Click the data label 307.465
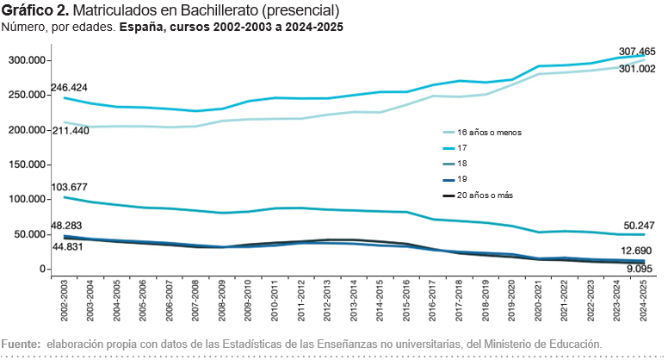[x=637, y=52]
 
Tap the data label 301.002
[x=637, y=69]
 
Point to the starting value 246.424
[x=69, y=88]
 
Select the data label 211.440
[x=71, y=131]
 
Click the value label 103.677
[x=69, y=187]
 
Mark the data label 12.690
[x=635, y=251]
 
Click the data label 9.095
[x=638, y=269]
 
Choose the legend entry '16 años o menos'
[x=482, y=133]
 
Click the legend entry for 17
[x=455, y=148]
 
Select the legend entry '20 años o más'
[x=478, y=196]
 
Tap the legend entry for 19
[x=455, y=179]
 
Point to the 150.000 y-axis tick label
[x=27, y=164]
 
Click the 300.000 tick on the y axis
[x=27, y=60]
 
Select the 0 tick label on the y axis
[x=42, y=270]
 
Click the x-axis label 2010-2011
[x=275, y=301]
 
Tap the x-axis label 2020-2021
[x=538, y=301]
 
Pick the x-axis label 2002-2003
[x=65, y=301]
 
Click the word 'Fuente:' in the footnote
[x=21, y=344]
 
